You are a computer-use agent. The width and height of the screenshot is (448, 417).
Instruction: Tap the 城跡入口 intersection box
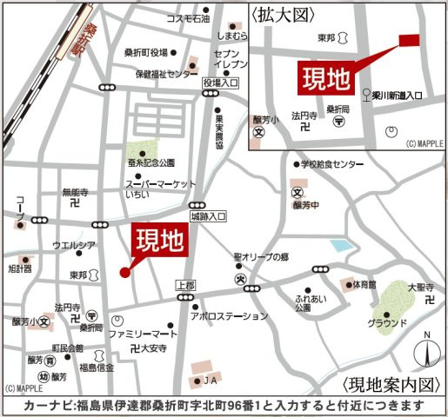(209, 214)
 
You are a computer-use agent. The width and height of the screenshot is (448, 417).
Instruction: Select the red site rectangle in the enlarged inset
(408, 39)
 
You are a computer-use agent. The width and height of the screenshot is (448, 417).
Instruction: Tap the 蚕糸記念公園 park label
(151, 162)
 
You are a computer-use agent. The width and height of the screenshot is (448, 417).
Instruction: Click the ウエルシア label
(74, 245)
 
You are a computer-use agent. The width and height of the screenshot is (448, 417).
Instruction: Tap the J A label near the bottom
(210, 380)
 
